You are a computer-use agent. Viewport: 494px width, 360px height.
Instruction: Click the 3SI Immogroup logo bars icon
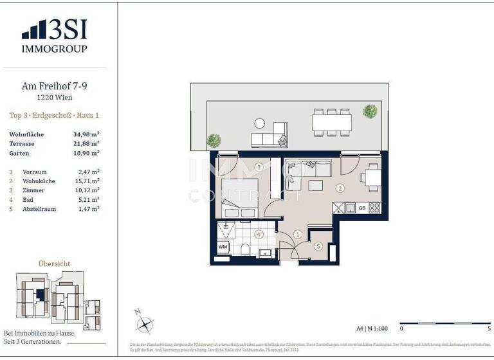[34, 30]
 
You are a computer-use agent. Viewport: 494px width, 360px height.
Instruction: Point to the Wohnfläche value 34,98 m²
[86, 134]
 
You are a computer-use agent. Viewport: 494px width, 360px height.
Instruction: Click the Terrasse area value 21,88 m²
[86, 144]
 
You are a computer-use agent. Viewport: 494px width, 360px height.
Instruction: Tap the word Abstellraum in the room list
[37, 210]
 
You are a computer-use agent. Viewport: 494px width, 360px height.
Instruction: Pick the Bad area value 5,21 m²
[86, 200]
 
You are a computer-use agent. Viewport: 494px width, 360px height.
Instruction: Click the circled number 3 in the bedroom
[259, 167]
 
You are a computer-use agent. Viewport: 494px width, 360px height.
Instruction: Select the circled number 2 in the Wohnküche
[340, 188]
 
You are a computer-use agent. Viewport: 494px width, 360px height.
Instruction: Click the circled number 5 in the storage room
[318, 246]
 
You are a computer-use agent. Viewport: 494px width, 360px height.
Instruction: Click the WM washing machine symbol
[223, 247]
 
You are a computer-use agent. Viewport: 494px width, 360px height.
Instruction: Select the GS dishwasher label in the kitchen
[362, 208]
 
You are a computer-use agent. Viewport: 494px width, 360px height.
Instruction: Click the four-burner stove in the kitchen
[374, 208]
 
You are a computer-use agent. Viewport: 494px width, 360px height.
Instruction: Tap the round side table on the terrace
[260, 123]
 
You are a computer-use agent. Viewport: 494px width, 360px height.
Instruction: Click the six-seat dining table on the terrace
[332, 121]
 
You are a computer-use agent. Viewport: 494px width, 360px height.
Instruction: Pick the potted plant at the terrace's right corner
[370, 111]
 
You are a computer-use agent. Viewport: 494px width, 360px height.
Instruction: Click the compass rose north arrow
[145, 321]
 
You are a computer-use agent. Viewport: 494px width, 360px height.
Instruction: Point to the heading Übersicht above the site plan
[54, 264]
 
